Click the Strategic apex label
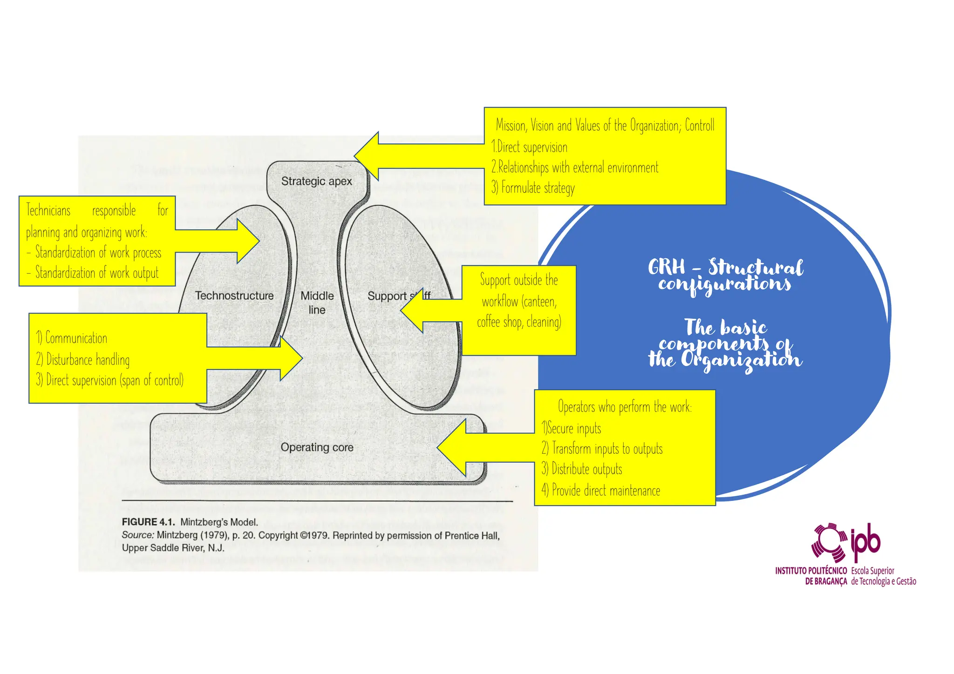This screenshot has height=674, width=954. tap(316, 181)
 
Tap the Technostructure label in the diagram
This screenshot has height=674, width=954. tap(234, 296)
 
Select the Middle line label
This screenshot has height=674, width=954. tap(317, 303)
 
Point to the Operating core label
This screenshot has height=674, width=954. tap(317, 447)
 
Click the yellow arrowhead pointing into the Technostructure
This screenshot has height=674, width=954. tap(247, 241)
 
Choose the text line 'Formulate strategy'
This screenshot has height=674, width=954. tap(533, 188)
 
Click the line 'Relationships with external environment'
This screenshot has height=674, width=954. tap(575, 168)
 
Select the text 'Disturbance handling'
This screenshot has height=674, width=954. tap(83, 360)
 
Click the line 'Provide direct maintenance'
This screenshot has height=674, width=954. tap(600, 491)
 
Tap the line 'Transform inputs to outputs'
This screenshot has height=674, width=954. tap(602, 449)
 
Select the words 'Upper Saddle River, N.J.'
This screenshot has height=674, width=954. tap(173, 548)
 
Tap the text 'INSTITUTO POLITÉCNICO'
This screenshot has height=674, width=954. tap(811, 571)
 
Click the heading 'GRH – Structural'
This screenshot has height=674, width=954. tap(725, 267)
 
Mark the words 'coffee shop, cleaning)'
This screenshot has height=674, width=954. tap(519, 322)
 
